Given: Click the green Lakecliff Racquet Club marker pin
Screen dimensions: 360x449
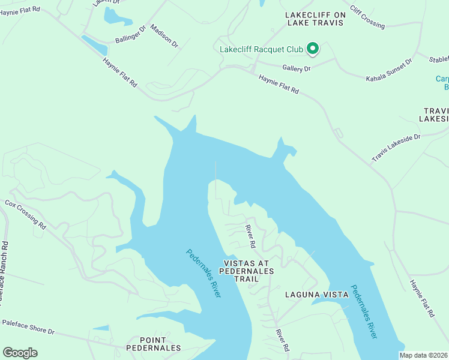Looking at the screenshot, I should coord(312,49).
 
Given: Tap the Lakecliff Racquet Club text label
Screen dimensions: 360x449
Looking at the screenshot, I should coord(261,49).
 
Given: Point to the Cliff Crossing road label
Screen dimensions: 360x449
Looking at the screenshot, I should coord(367,16).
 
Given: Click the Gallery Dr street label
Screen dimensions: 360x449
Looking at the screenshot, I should coord(298,69).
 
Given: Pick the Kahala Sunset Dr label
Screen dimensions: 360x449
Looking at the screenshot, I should coord(389,70).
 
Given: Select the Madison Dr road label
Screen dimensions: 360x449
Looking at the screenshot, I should coord(164,36).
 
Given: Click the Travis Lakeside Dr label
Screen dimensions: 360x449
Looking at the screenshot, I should coord(396,148).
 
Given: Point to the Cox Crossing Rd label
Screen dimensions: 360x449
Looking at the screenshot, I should coord(25,215).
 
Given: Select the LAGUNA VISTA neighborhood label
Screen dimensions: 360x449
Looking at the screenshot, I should coord(316,295).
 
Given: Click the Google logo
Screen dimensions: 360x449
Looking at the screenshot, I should coord(20,352).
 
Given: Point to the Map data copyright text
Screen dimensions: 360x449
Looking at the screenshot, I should coord(424,355).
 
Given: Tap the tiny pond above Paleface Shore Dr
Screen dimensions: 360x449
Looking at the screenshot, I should coord(101,328).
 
